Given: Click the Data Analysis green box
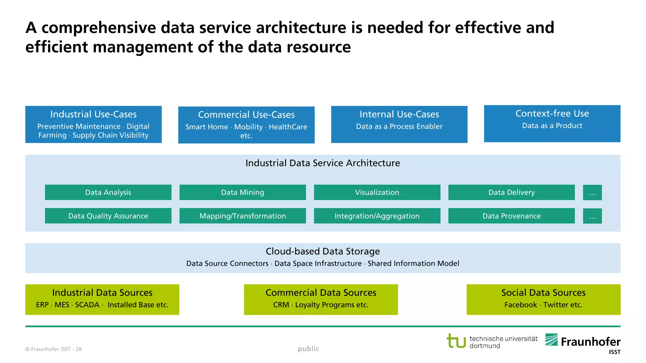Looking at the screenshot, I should [x=108, y=192].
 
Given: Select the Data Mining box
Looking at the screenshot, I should [x=243, y=192].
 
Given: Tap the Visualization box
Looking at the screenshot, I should [x=377, y=192].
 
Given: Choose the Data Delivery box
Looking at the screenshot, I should [x=511, y=192].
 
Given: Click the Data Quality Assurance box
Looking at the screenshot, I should [x=108, y=216].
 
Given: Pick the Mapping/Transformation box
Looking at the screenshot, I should [x=243, y=216].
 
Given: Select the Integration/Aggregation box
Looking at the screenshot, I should [x=377, y=216].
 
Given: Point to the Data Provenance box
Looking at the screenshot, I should [x=511, y=216].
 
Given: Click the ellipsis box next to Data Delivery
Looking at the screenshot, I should [x=592, y=193].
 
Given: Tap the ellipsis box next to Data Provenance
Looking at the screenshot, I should [x=592, y=216].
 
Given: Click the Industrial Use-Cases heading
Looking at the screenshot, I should [x=93, y=114].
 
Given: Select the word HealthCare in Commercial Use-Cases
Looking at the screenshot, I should [x=288, y=127].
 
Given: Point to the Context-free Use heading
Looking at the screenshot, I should [x=552, y=113].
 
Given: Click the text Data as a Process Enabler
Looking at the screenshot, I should [x=399, y=126].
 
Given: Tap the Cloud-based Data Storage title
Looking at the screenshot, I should [x=323, y=251].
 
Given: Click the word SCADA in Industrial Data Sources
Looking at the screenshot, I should [x=87, y=305].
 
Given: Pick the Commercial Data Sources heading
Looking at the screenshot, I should [x=321, y=292].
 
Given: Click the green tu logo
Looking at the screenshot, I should [x=456, y=341].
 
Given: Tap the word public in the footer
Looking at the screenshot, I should [x=308, y=349].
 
